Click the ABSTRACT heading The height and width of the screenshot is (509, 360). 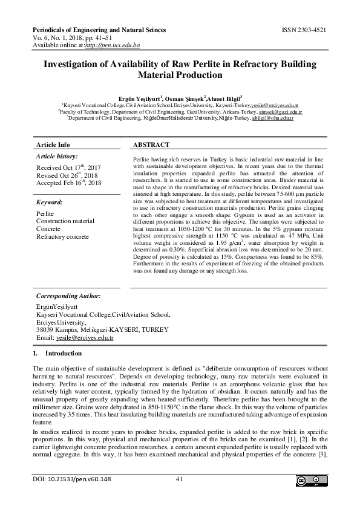point(151,145)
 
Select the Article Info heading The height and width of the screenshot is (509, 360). point(53,145)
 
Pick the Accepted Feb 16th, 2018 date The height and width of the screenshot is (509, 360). point(69,183)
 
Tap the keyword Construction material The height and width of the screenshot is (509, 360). point(70,222)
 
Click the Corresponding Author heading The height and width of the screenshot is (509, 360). point(68,296)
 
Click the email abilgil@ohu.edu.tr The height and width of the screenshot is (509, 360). point(272,119)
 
